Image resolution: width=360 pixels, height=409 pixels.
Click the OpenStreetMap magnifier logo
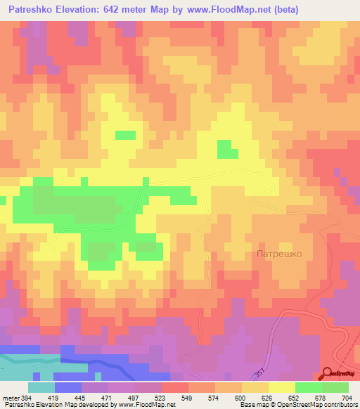coord(328,375)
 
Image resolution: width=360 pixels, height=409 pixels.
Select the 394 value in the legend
coord(24,398)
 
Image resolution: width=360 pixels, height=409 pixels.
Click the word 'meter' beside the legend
coord(9,398)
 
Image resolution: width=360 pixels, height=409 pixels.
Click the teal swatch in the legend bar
coord(41,387)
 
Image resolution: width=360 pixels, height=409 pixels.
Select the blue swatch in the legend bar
coord(68,387)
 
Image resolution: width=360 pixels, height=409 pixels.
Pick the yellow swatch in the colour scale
coord(282,387)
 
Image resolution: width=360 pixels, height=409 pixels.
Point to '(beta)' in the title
coord(281,10)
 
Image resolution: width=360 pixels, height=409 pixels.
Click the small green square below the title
coord(125,135)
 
